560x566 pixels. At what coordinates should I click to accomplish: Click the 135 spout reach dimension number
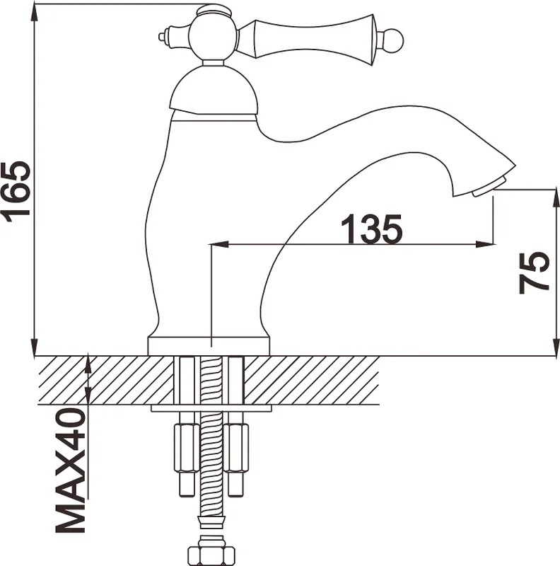(371, 229)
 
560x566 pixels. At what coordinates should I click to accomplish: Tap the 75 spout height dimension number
(535, 272)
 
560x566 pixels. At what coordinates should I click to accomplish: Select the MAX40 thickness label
(71, 471)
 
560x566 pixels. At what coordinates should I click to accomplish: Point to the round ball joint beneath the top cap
(213, 37)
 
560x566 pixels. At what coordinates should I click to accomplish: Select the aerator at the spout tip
(484, 187)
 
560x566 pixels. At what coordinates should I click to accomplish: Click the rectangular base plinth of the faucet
(209, 346)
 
